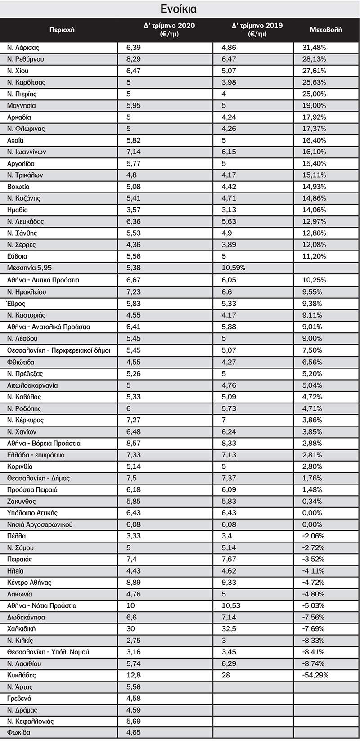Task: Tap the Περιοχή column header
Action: (62, 30)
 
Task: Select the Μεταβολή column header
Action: (326, 30)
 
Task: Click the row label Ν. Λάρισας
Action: (23, 48)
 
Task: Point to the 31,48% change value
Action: (314, 48)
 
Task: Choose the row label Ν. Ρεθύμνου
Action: (26, 59)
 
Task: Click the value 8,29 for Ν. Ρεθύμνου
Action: (134, 59)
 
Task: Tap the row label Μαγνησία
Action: (22, 106)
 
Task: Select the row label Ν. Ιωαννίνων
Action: (27, 152)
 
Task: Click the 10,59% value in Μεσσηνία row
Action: (234, 268)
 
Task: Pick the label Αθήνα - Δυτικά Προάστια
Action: (43, 280)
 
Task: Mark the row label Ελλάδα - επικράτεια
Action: (36, 455)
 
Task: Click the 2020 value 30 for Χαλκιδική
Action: (130, 629)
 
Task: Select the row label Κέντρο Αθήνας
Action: (29, 583)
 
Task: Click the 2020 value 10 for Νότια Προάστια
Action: (130, 605)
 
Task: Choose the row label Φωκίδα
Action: (19, 732)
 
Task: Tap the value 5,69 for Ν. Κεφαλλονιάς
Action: (134, 721)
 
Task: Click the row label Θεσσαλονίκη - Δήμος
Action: (39, 478)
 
